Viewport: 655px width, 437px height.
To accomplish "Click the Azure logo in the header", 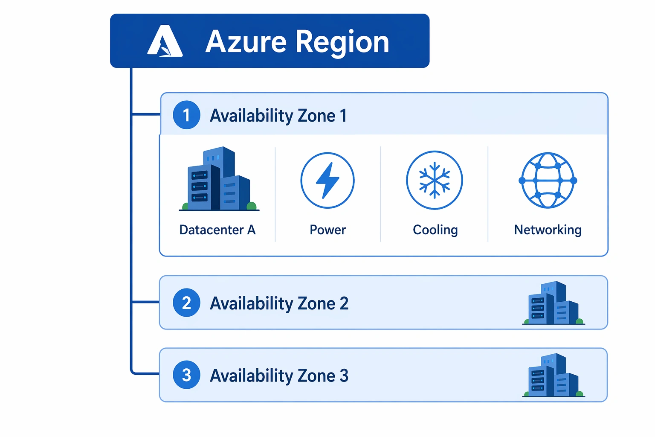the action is coord(165,41).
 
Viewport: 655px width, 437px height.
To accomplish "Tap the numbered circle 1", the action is coord(186,115).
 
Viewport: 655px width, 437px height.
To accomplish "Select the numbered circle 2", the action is coord(186,303).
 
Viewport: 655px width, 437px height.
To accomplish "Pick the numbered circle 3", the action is coord(186,375).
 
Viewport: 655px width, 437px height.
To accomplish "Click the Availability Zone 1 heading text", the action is coord(278,116).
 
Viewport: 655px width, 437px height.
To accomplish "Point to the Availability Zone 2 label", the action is coord(279,303).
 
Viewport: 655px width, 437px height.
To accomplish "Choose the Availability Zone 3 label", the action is coord(279,376).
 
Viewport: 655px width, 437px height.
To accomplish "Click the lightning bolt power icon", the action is coord(327,180).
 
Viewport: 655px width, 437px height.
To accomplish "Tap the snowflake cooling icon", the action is coord(435,180).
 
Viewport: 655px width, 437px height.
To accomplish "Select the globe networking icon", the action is coord(548,180).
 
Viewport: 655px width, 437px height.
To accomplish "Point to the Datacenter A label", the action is coord(217,230).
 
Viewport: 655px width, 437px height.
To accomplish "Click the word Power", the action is coord(328,230).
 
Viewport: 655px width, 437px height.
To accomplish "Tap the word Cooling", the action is coord(435,230).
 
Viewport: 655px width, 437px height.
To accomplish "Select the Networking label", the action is coord(548,230).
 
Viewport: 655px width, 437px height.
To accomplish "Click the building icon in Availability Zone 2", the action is coord(554,303).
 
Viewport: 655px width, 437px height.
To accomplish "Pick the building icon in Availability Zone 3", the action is coord(554,375).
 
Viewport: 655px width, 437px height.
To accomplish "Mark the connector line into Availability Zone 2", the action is coord(145,301).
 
